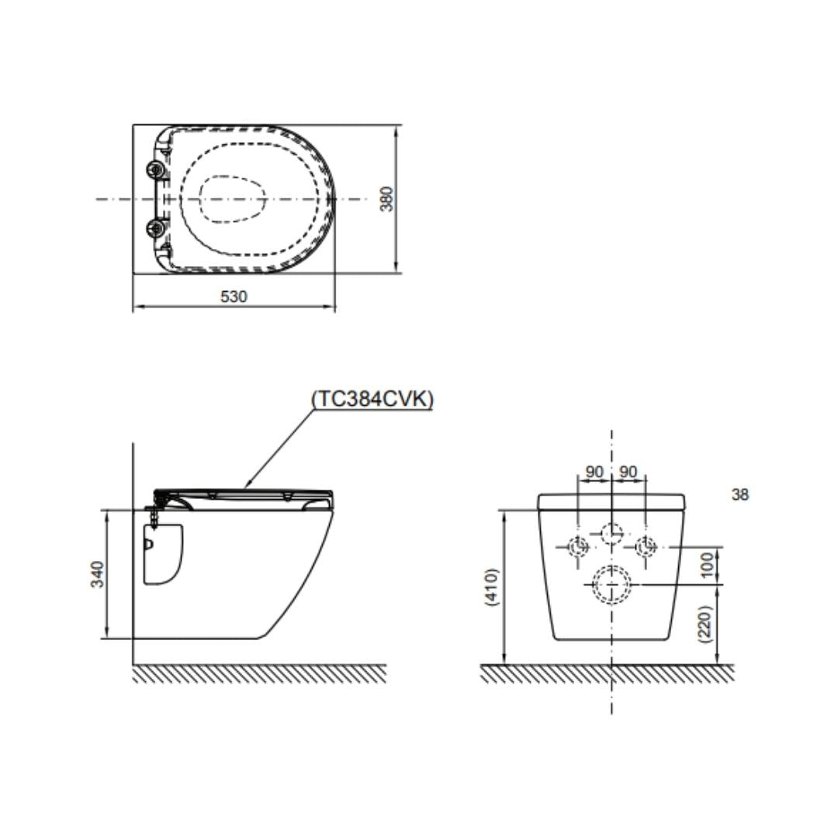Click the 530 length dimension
pos(234,296)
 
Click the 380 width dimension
pos(386,199)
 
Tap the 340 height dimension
pos(97,574)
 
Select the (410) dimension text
pos(491,587)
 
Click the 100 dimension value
pos(707,565)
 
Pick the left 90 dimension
pos(594,472)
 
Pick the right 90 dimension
pos(628,472)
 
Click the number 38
pos(739,495)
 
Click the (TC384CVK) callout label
pos(372,399)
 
